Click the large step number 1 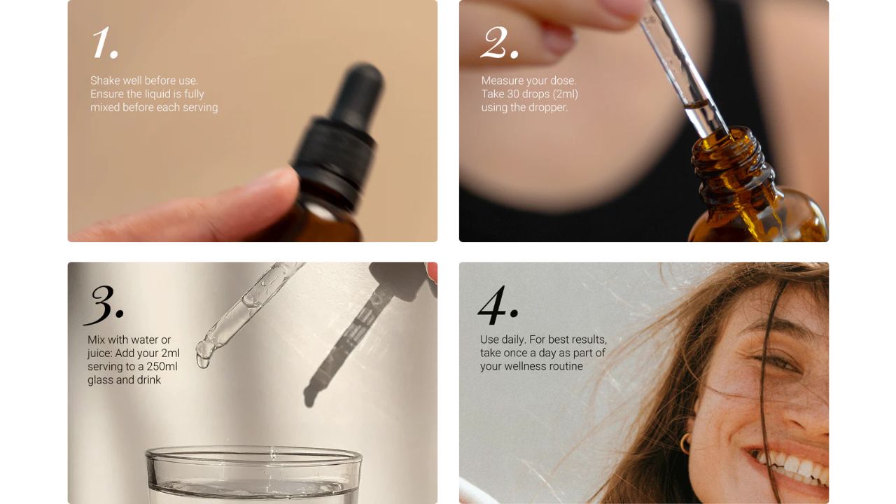[x=105, y=43]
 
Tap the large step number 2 [x=500, y=43]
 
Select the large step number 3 [x=104, y=304]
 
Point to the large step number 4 [x=498, y=304]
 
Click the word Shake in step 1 [x=105, y=80]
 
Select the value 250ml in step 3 [x=162, y=366]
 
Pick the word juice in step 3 [x=99, y=353]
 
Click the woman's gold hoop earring [x=685, y=443]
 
